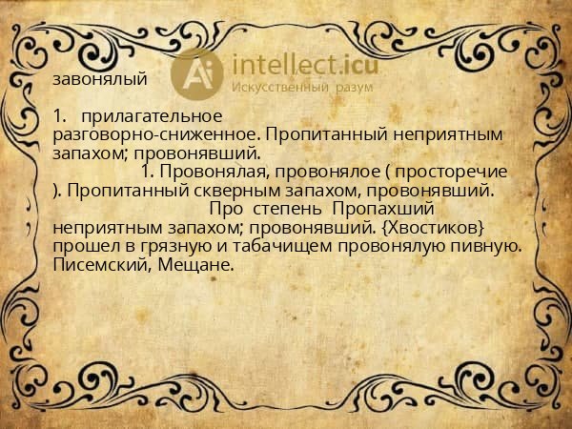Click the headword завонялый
[100, 79]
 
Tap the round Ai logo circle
[196, 74]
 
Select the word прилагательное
[152, 116]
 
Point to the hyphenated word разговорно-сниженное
[157, 134]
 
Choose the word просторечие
[451, 172]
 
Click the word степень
[288, 209]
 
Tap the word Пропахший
[383, 209]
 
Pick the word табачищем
[282, 246]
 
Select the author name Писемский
[102, 265]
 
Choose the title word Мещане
[195, 265]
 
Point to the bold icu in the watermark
[360, 65]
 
